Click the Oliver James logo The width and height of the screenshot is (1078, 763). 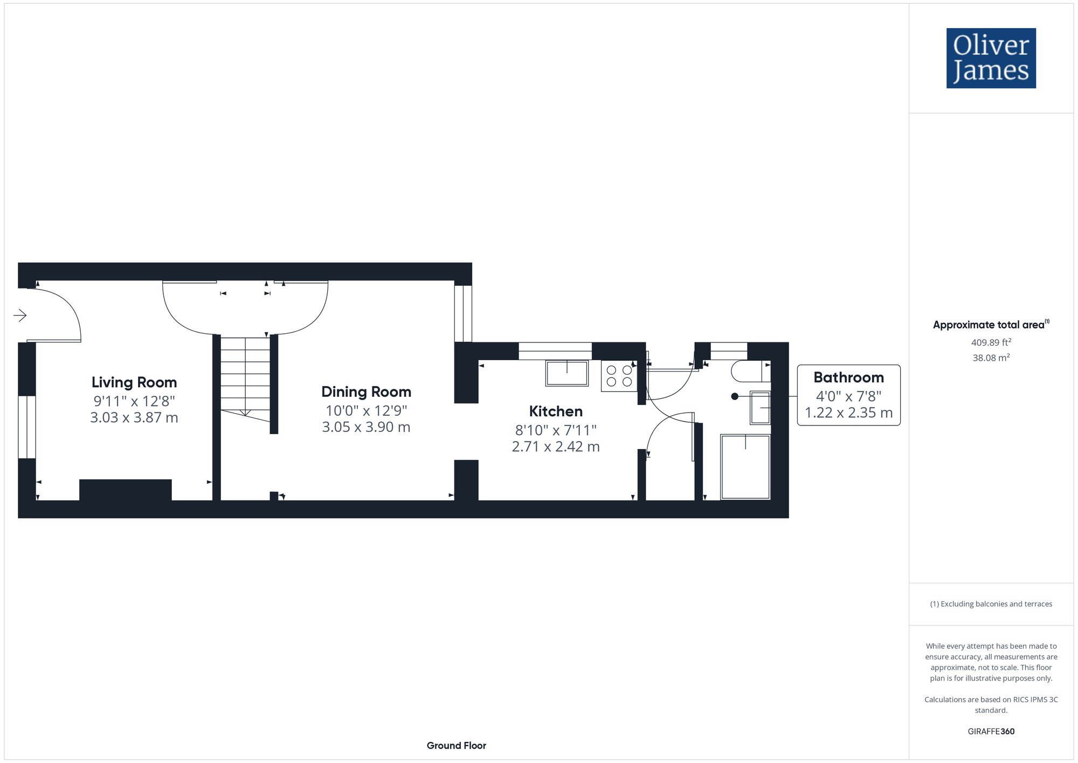991,58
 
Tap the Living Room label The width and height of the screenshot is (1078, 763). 134,382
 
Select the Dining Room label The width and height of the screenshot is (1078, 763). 366,392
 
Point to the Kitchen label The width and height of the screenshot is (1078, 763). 556,411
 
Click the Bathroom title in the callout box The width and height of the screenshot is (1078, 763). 848,377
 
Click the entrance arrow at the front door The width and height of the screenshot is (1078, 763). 20,315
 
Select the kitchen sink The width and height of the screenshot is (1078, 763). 566,373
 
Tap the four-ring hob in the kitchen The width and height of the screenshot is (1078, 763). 619,376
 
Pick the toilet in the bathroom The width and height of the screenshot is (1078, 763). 750,372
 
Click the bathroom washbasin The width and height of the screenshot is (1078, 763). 760,408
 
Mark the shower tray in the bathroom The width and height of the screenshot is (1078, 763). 745,467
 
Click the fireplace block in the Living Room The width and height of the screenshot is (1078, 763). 125,490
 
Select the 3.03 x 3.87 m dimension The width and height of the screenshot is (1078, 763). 134,418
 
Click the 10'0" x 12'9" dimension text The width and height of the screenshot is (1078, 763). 366,410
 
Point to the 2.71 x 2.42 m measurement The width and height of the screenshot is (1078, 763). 556,447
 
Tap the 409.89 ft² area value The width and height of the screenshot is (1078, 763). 991,342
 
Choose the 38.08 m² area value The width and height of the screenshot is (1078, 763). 991,358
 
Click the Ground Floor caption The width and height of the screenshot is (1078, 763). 456,746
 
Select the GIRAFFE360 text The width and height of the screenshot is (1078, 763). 991,732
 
